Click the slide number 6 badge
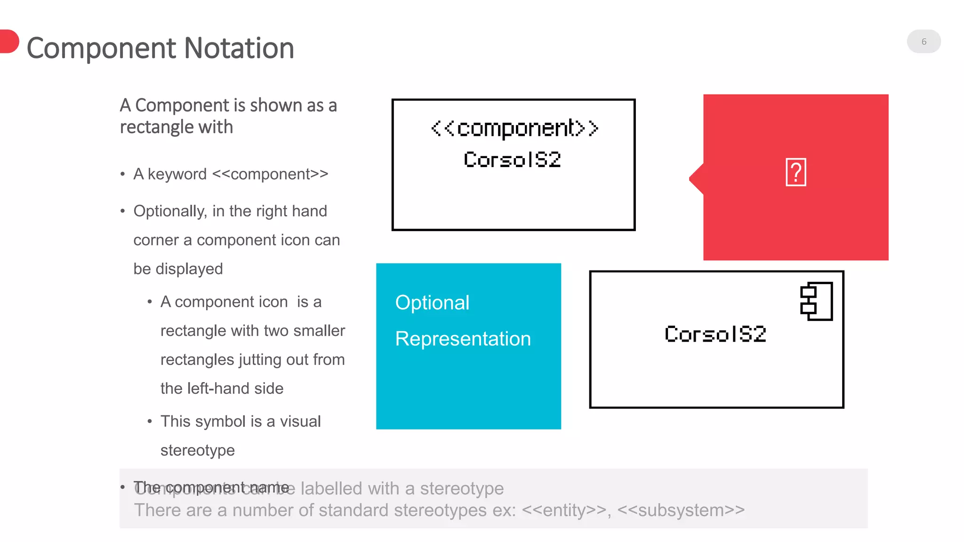(x=924, y=41)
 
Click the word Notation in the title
(x=239, y=48)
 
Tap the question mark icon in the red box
(x=795, y=172)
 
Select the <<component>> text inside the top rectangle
(x=514, y=128)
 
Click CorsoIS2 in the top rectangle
(x=512, y=160)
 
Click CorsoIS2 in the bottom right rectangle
(x=715, y=335)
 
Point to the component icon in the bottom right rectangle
(x=817, y=301)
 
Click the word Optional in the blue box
(x=432, y=303)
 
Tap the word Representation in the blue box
(x=463, y=339)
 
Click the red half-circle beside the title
(x=8, y=41)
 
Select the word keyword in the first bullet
(x=177, y=174)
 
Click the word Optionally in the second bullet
(x=170, y=211)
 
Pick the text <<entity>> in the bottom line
(x=564, y=510)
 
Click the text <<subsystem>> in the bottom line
(x=681, y=510)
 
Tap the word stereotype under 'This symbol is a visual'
(x=197, y=450)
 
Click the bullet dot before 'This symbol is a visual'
(x=149, y=422)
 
